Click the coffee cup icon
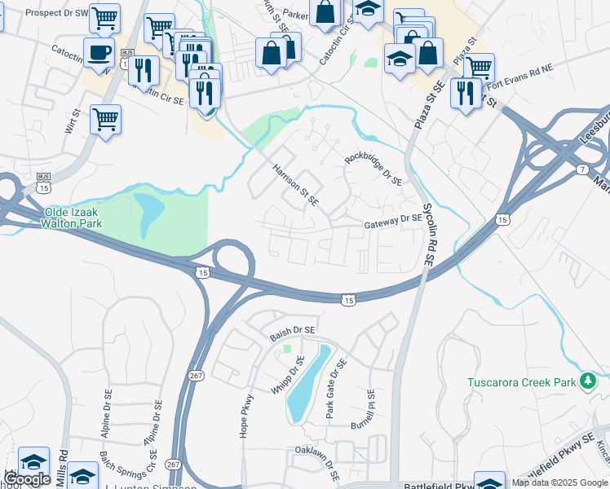[99, 53]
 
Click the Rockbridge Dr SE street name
[374, 170]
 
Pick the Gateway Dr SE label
[393, 219]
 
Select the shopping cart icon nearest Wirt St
[105, 120]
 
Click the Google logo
[27, 479]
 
